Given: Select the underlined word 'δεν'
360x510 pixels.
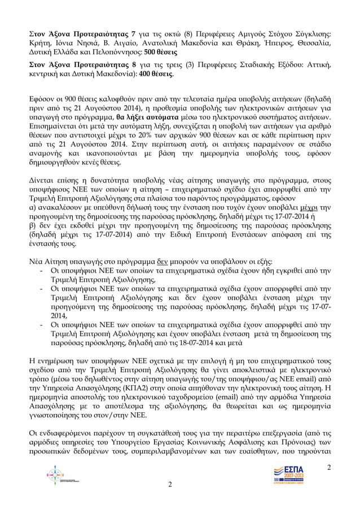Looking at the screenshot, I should coord(163,262).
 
